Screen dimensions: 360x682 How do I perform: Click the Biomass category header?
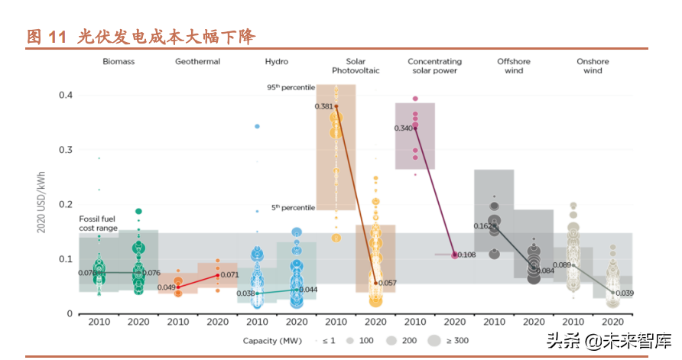tap(119, 61)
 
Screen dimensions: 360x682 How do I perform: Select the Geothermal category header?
tap(197, 61)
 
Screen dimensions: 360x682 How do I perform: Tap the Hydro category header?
tap(276, 61)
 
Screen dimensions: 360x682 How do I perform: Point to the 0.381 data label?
tap(323, 106)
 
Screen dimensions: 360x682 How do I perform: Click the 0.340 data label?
tap(403, 128)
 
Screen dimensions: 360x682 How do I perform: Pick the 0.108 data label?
tap(466, 255)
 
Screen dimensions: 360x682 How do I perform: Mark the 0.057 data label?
tap(388, 283)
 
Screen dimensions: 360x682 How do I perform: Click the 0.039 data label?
tap(625, 294)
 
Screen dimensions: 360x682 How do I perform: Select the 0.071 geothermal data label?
tap(230, 274)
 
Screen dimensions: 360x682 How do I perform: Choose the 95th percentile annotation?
tap(291, 88)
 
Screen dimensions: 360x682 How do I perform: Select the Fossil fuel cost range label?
tap(99, 223)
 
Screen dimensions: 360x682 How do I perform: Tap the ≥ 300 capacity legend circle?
tap(434, 341)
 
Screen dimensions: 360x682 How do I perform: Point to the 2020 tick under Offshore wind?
tap(534, 321)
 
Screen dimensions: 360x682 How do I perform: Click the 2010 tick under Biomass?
tap(99, 321)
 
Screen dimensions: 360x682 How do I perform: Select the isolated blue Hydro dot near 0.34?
tap(258, 126)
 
